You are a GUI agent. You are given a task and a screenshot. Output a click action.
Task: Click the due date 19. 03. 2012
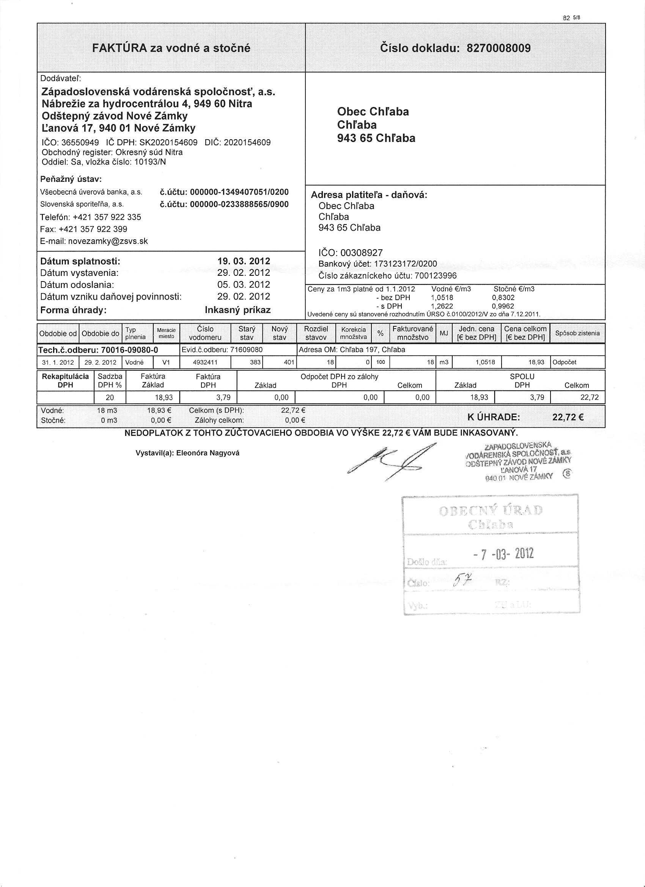pos(244,261)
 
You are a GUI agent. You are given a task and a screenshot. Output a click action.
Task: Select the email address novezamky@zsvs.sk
pos(108,241)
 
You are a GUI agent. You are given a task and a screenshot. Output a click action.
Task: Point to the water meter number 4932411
pos(205,363)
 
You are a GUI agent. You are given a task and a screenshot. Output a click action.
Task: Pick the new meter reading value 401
pos(289,363)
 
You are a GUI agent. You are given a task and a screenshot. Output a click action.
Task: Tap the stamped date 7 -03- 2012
pos(503,554)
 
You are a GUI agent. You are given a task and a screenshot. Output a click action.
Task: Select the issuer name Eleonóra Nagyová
pos(208,453)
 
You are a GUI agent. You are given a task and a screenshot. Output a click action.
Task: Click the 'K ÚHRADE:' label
pos(494,417)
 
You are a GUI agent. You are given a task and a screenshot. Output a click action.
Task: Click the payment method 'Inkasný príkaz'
pos(238,310)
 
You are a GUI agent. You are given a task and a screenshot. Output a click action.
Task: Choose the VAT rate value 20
pos(110,397)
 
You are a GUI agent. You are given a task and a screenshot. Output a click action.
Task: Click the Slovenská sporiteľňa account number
pos(239,204)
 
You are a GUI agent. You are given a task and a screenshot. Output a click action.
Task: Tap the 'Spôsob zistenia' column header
pos(577,333)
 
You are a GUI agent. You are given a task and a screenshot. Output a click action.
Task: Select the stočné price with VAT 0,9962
pos(503,306)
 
